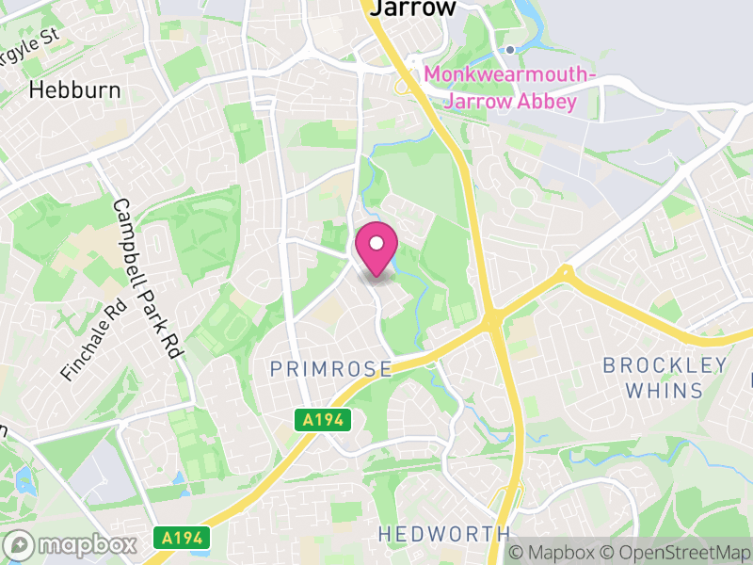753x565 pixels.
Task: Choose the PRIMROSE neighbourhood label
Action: [x=330, y=369]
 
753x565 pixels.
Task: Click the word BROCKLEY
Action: [x=665, y=365]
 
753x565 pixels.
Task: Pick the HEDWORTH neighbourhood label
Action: [x=443, y=534]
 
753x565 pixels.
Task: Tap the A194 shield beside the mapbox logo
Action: [x=178, y=539]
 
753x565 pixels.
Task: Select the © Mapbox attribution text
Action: [x=554, y=554]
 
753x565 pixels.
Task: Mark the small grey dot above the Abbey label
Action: [x=510, y=50]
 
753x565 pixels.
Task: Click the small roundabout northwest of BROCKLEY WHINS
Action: [x=565, y=273]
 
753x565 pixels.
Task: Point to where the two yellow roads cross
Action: [x=494, y=323]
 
